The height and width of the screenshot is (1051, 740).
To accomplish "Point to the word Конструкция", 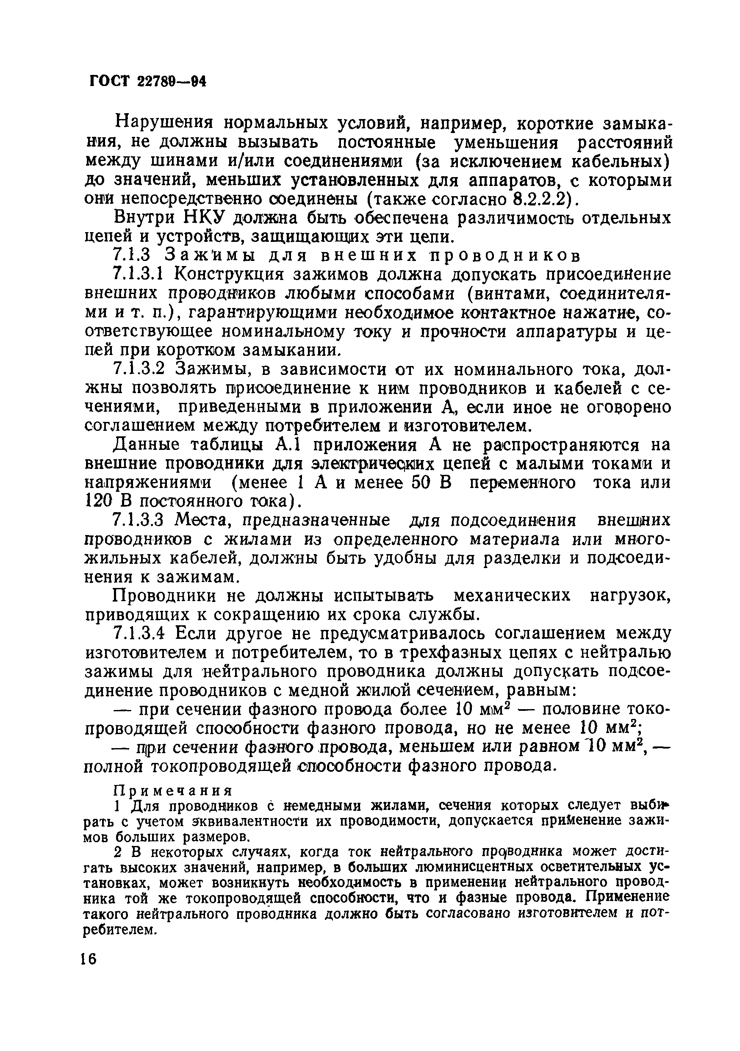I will click(x=231, y=275).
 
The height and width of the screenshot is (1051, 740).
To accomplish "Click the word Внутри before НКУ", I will click(x=144, y=218).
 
